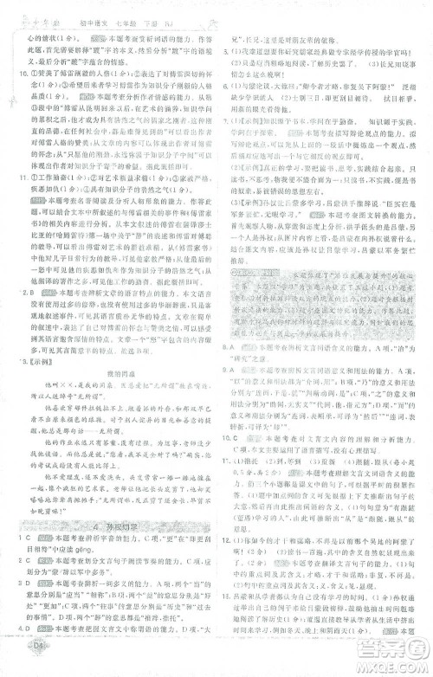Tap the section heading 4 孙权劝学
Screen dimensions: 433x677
102,527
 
